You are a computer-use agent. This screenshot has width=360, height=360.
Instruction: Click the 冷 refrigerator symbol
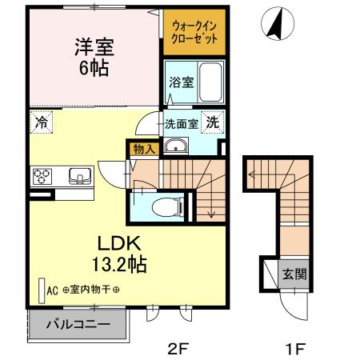[39, 123]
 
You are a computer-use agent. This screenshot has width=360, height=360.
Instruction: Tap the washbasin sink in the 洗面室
[175, 146]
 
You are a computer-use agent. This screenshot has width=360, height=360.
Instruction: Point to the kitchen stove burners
[42, 175]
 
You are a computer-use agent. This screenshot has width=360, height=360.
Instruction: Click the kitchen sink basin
[79, 175]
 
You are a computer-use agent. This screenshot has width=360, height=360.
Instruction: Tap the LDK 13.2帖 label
[121, 251]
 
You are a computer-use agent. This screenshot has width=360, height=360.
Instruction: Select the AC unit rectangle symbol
[42, 290]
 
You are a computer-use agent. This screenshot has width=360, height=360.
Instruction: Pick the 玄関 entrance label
[293, 274]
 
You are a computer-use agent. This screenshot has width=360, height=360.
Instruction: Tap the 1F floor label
[295, 348]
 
